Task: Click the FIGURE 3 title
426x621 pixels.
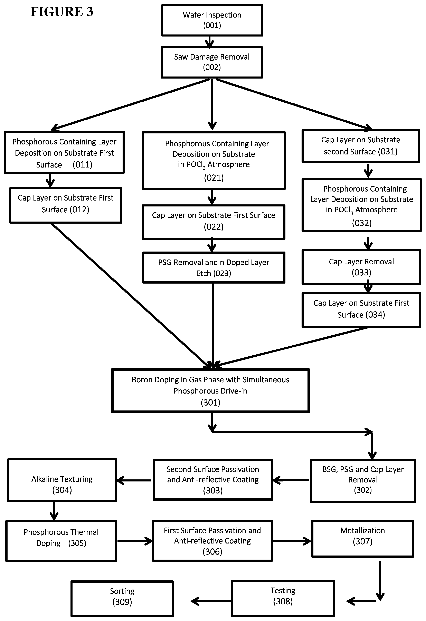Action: (x=62, y=12)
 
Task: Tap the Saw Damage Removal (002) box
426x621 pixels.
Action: (x=212, y=62)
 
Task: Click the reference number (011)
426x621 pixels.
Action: (x=82, y=164)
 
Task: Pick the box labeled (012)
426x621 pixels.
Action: (x=66, y=205)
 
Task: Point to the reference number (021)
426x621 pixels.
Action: (x=214, y=178)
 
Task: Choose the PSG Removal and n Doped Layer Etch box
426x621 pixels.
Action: (x=214, y=267)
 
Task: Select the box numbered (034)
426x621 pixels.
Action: (x=361, y=310)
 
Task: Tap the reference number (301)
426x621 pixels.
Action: (x=211, y=403)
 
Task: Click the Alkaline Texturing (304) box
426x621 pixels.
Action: (x=62, y=480)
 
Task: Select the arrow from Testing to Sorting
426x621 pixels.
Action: (x=211, y=601)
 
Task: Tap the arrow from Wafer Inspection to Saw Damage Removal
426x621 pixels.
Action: (x=209, y=41)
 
